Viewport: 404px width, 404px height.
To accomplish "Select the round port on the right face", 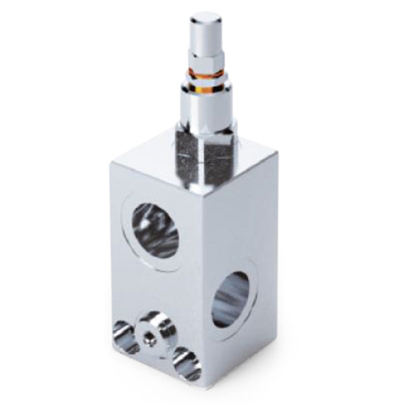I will tap(231, 298).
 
